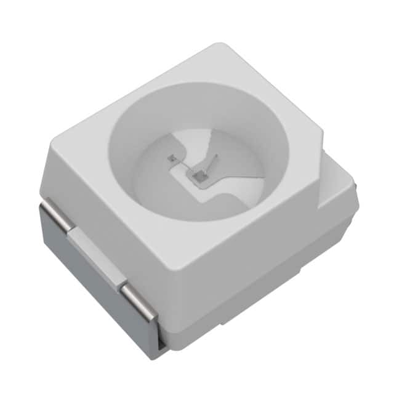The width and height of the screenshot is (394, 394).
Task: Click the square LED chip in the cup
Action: [x=199, y=179]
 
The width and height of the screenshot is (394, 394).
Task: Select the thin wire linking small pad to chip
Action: [x=183, y=167]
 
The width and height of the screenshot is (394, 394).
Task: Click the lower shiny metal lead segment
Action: [x=139, y=302]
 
